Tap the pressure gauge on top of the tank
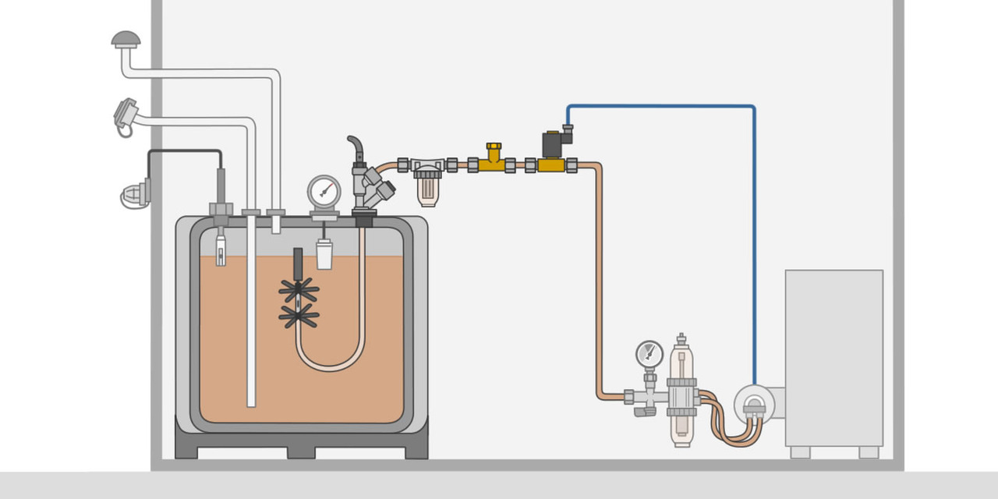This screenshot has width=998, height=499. click(324, 191)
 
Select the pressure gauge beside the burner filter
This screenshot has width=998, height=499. click(649, 354)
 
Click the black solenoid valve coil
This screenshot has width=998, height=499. click(554, 144)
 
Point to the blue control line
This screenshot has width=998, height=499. click(754, 234)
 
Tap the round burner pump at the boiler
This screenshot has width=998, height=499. click(753, 405)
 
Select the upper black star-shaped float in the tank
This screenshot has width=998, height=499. click(299, 291)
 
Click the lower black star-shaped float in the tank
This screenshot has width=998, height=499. click(299, 316)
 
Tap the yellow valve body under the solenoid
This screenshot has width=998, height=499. click(551, 165)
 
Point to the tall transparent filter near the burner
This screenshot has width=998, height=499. click(681, 390)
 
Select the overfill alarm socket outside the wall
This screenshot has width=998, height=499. click(134, 194)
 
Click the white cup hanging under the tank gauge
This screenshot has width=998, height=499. click(324, 254)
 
